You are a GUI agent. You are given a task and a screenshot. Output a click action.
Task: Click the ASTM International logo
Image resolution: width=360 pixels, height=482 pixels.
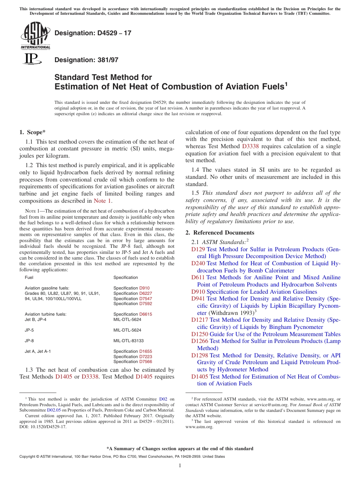click(35, 36)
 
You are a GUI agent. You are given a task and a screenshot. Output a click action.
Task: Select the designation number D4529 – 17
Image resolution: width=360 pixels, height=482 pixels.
click(93, 33)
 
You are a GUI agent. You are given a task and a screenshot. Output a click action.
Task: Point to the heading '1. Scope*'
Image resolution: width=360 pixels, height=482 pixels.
click(32, 132)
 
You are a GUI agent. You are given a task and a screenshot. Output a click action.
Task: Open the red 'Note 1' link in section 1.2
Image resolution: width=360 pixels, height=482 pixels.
click(102, 201)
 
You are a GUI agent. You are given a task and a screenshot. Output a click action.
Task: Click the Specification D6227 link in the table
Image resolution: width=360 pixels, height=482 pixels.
click(146, 293)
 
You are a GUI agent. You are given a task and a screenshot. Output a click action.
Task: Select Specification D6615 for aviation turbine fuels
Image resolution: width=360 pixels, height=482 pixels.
click(146, 314)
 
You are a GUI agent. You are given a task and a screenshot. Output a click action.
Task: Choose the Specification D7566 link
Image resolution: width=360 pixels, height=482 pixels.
click(146, 362)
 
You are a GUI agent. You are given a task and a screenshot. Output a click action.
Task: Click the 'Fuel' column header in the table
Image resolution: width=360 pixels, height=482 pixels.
click(29, 277)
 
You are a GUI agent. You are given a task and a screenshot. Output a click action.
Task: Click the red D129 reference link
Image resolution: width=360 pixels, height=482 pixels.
click(198, 249)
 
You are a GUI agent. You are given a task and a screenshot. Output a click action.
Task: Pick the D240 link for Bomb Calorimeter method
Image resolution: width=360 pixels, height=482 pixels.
click(198, 263)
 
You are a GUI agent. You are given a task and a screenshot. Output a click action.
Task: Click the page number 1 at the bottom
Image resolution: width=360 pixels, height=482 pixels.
click(180, 466)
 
